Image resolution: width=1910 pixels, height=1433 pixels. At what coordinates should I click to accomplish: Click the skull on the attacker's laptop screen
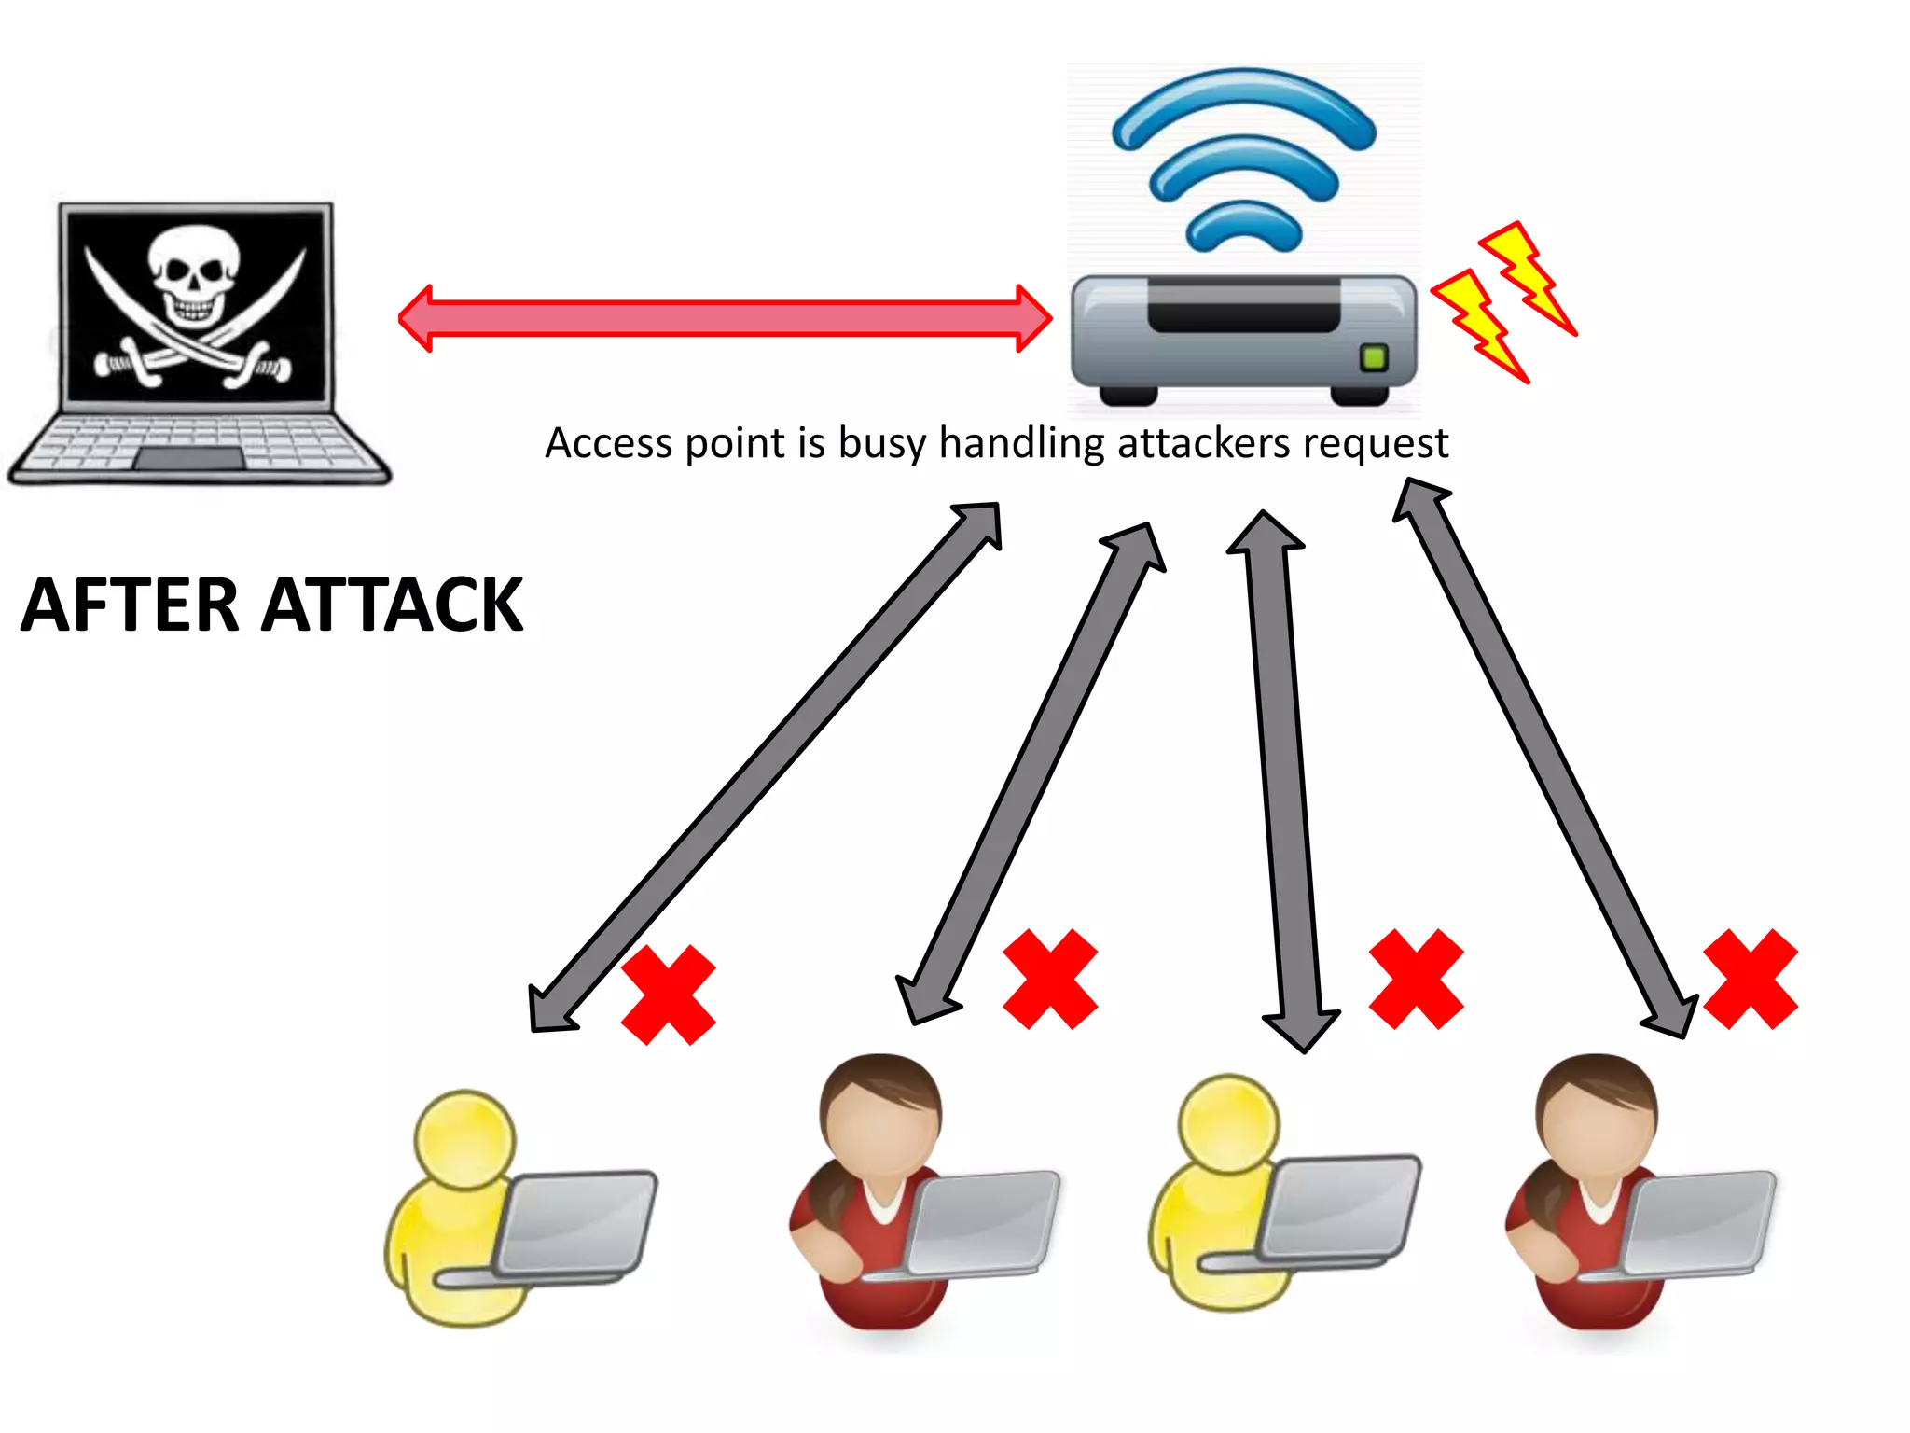click(x=194, y=276)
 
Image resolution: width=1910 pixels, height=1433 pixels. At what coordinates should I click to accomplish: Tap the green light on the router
click(x=1374, y=356)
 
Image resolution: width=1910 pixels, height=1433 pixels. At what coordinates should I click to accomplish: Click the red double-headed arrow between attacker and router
click(x=726, y=318)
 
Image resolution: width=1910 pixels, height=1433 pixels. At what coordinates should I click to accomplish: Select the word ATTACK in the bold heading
click(x=392, y=605)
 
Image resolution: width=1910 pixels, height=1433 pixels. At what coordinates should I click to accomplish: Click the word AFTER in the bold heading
click(x=131, y=605)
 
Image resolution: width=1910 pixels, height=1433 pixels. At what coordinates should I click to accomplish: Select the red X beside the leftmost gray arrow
click(x=668, y=995)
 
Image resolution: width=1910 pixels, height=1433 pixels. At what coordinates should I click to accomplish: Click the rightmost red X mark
click(x=1750, y=979)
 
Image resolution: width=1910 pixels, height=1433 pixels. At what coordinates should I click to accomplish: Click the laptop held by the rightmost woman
click(x=1699, y=1222)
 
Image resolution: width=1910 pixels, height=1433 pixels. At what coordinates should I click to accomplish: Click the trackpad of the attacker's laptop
click(x=190, y=459)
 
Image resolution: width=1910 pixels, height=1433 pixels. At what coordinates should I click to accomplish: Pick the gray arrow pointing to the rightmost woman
click(x=1544, y=758)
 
